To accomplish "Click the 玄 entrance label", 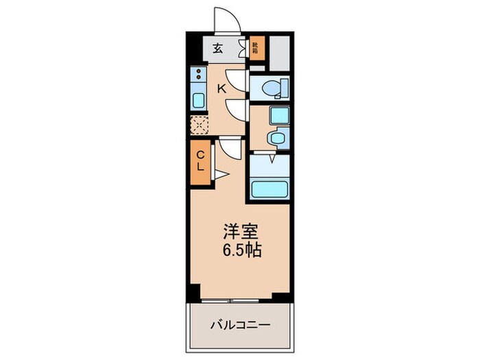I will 217,48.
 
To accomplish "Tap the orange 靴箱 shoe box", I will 255,48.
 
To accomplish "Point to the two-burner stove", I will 198,75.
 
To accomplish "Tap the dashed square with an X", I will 199,125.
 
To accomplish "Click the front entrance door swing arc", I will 225,21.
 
